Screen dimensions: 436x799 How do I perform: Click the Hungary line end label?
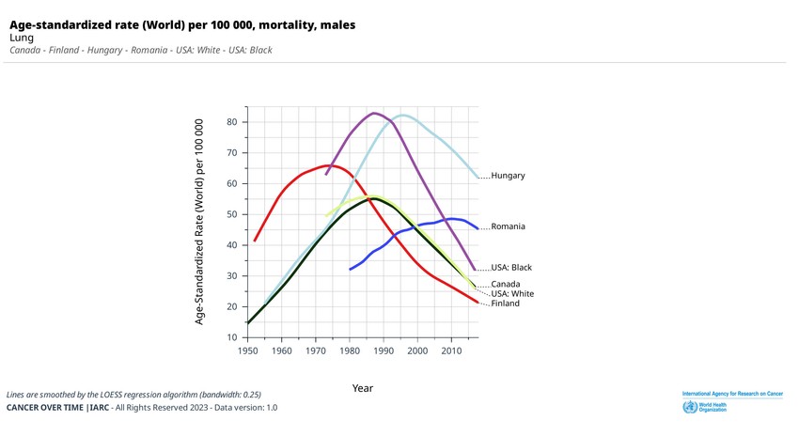click(x=508, y=176)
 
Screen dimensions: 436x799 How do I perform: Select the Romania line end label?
click(x=508, y=226)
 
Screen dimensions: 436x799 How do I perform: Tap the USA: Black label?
click(x=511, y=268)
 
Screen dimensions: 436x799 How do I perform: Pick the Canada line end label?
click(x=506, y=284)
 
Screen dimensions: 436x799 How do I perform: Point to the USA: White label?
click(x=512, y=294)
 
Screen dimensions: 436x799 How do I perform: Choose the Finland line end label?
click(x=505, y=304)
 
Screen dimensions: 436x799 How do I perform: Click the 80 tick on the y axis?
click(x=232, y=122)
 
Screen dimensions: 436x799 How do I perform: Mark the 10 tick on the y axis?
click(x=232, y=337)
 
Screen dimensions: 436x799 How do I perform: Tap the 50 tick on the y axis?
click(x=232, y=214)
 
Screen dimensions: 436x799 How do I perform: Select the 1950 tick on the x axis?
click(x=247, y=350)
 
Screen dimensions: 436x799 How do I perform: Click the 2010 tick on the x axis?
click(x=452, y=350)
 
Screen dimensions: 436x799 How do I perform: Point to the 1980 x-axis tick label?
click(x=350, y=350)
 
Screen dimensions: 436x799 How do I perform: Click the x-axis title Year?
click(x=363, y=388)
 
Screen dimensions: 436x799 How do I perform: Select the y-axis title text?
click(x=199, y=222)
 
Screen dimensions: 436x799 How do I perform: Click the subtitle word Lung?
click(x=22, y=38)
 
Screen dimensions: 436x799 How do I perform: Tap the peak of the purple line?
click(x=374, y=113)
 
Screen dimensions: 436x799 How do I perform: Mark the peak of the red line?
click(x=331, y=165)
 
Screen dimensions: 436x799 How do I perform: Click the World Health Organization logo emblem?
click(x=689, y=407)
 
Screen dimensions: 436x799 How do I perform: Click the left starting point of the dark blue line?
click(x=350, y=270)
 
